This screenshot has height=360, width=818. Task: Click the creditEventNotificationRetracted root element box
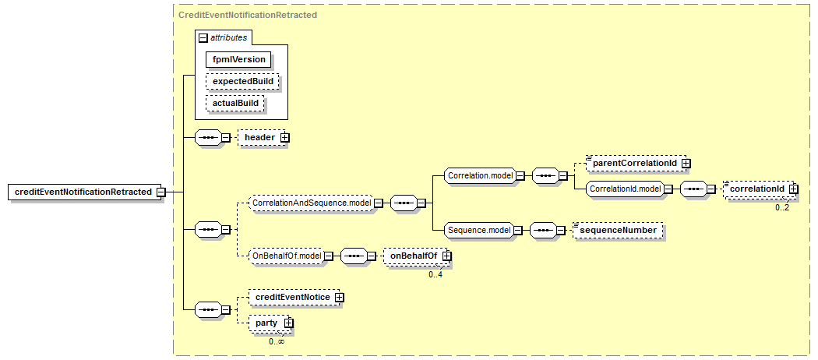tap(82, 192)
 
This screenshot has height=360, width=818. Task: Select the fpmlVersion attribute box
tap(239, 59)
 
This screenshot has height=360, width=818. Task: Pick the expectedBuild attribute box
tap(242, 81)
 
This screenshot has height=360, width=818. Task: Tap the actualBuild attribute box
tap(235, 103)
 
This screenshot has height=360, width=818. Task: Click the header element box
tap(259, 137)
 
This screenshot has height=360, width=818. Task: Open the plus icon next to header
tap(284, 137)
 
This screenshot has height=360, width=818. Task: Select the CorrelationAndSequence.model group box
tap(309, 203)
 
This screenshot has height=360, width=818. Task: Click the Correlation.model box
tap(480, 176)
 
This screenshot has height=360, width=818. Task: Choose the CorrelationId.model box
tap(625, 189)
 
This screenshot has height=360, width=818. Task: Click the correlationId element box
tap(756, 189)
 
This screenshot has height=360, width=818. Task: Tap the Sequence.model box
tap(478, 230)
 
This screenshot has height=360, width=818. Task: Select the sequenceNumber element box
tap(619, 230)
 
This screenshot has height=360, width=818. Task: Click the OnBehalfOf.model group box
tap(286, 255)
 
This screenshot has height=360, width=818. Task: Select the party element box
tap(266, 323)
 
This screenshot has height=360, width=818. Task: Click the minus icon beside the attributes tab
tap(203, 37)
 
